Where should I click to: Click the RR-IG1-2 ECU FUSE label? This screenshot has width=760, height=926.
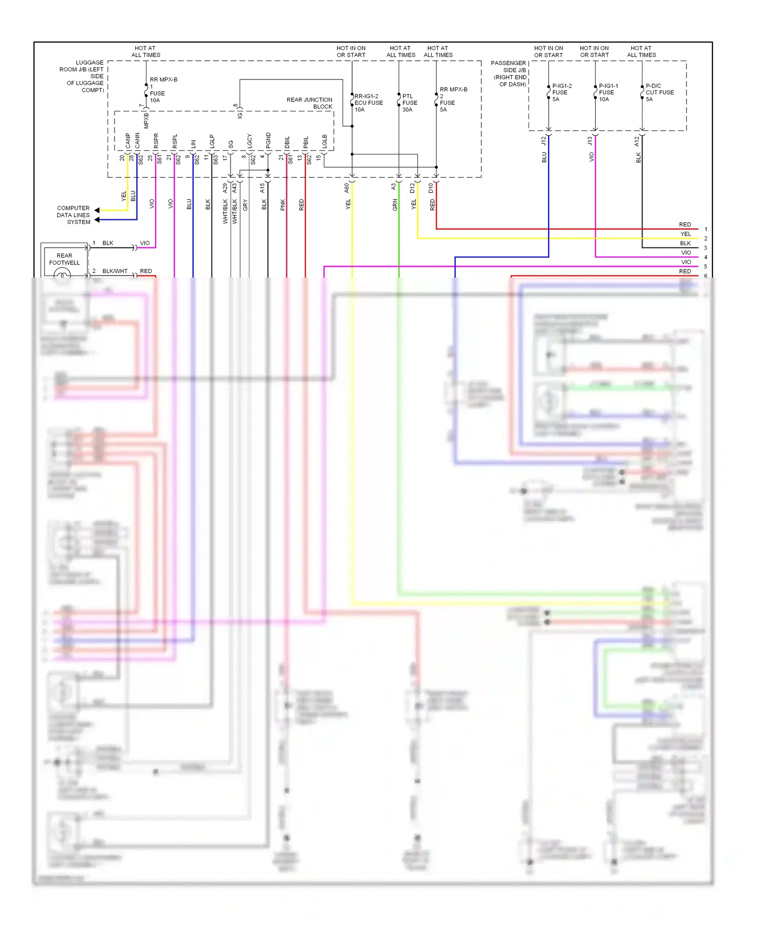[x=368, y=103]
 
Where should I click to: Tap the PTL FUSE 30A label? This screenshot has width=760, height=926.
[x=409, y=103]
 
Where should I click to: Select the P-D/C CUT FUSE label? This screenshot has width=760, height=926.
[x=659, y=93]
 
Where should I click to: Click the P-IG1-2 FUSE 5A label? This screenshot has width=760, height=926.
[x=561, y=93]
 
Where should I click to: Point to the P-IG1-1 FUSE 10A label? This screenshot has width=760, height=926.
[x=608, y=93]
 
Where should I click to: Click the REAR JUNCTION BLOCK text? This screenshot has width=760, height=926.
[x=310, y=103]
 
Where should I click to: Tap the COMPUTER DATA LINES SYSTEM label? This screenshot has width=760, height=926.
[x=73, y=215]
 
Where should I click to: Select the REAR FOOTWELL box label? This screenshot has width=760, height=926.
[x=64, y=259]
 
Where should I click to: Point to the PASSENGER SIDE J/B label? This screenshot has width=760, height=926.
[x=509, y=74]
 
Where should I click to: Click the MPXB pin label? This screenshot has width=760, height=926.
[x=146, y=121]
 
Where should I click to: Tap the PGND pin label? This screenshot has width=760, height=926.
[x=268, y=141]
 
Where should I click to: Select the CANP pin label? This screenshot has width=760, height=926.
[x=128, y=141]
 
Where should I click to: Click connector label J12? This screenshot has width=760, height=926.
[x=544, y=141]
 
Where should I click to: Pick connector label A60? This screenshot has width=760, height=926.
[x=347, y=188]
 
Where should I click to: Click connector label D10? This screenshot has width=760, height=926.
[x=431, y=188]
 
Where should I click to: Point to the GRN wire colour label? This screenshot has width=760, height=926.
[x=395, y=205]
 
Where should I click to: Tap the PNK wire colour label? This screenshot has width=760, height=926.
[x=283, y=205]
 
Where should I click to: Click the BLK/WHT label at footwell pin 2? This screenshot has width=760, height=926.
[x=115, y=271]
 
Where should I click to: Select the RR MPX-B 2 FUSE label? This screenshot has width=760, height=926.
[x=452, y=99]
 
